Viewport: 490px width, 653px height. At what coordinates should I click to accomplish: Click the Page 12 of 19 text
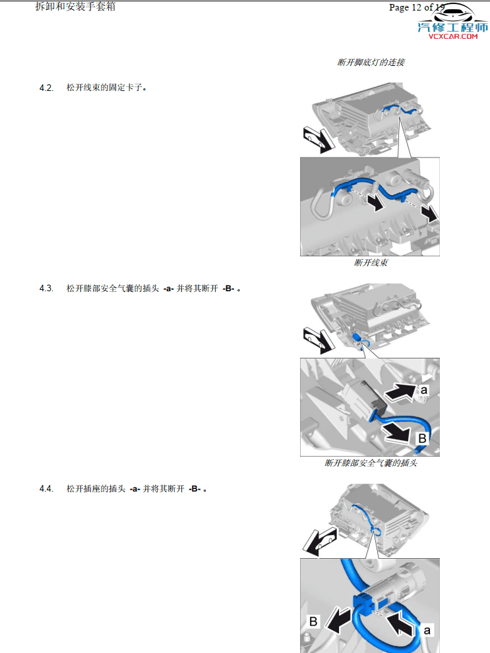pyautogui.click(x=417, y=8)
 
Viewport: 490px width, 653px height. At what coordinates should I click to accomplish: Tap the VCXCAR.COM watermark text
pyautogui.click(x=452, y=37)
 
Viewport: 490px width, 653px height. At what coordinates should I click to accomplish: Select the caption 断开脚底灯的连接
pyautogui.click(x=371, y=63)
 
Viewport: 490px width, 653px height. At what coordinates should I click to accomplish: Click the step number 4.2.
pyautogui.click(x=46, y=88)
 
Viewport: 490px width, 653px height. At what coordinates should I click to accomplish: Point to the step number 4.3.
pyautogui.click(x=46, y=289)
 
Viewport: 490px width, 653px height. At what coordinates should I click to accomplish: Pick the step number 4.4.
pyautogui.click(x=46, y=489)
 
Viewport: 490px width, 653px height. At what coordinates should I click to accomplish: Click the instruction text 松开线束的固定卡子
pyautogui.click(x=106, y=88)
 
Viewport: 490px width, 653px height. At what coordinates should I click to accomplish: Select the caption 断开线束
pyautogui.click(x=370, y=263)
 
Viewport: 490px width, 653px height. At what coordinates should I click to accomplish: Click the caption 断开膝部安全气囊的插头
pyautogui.click(x=371, y=463)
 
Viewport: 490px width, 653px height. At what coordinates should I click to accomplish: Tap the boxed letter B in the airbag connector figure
pyautogui.click(x=422, y=438)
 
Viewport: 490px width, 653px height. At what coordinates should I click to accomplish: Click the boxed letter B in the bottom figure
pyautogui.click(x=314, y=621)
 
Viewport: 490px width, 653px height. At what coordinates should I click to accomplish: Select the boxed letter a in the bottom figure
pyautogui.click(x=427, y=630)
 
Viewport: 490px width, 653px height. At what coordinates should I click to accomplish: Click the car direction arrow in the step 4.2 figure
pyautogui.click(x=316, y=139)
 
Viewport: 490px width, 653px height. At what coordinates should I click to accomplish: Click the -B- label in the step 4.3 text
pyautogui.click(x=228, y=289)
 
